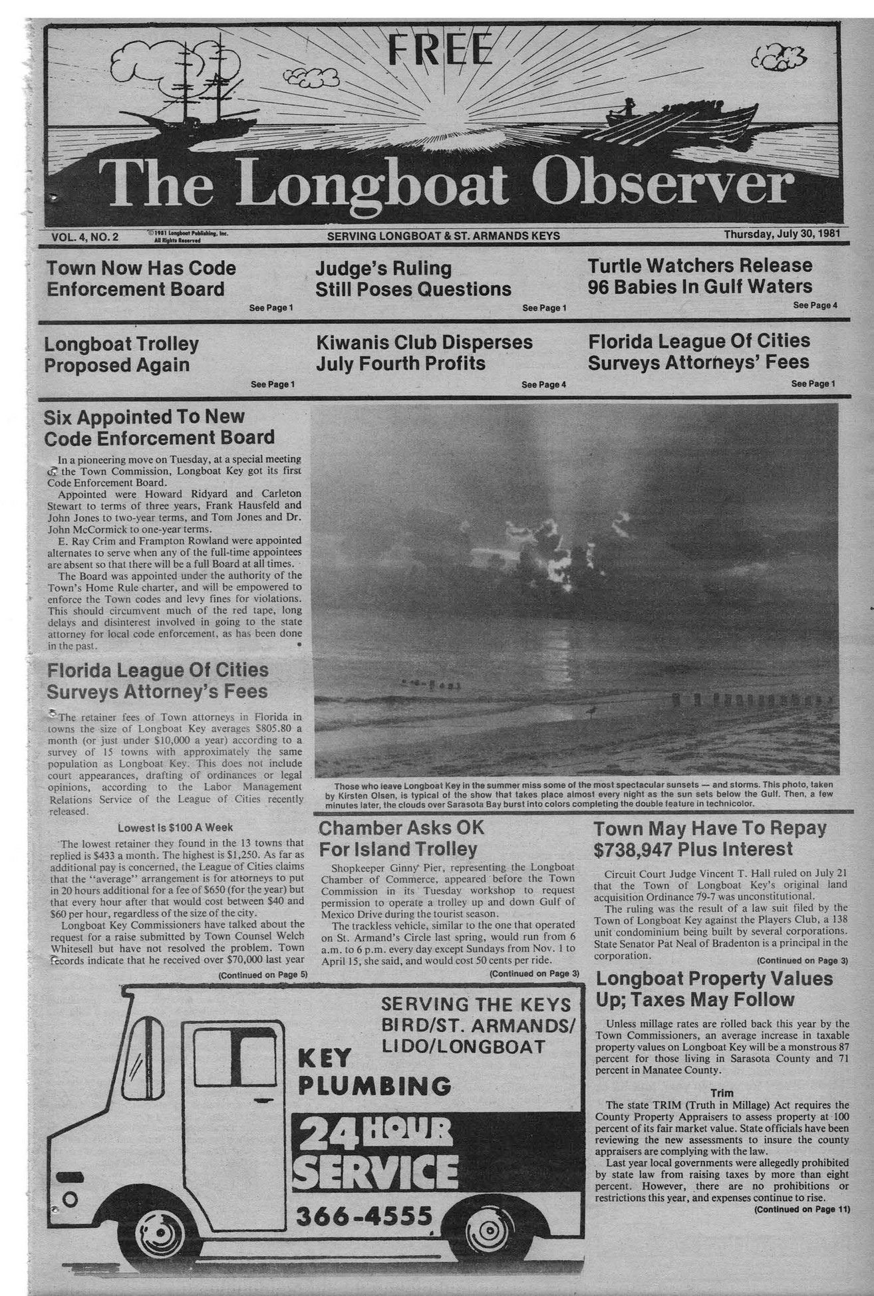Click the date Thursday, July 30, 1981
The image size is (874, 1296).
[x=782, y=234]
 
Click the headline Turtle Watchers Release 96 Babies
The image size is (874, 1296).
[x=700, y=276]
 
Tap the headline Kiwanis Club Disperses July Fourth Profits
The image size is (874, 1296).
[x=424, y=352]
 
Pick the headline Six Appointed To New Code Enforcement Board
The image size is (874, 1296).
[x=159, y=428]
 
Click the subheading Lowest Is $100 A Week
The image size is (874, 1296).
[x=175, y=828]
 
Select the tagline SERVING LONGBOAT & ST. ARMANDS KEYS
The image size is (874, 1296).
[x=443, y=235]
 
